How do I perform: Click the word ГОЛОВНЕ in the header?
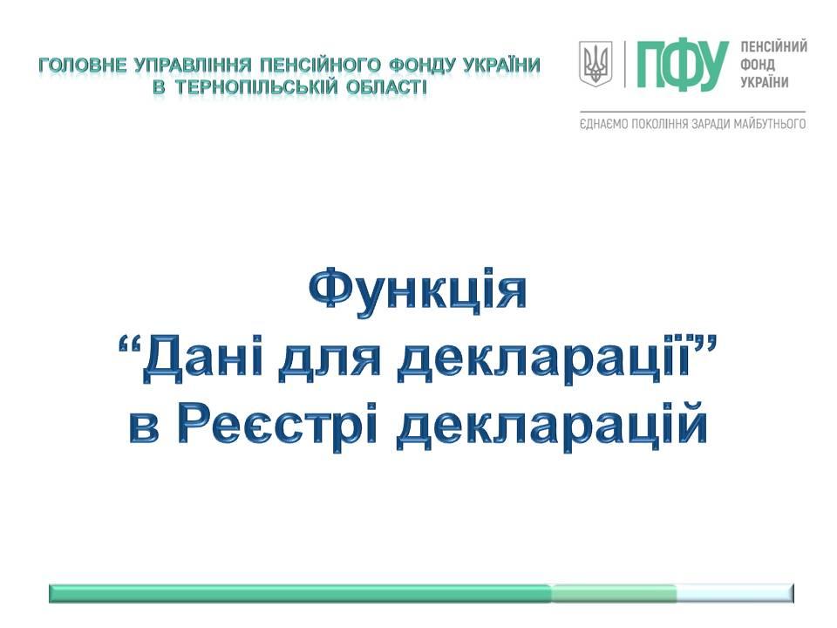84,65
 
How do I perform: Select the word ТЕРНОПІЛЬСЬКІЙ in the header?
256,86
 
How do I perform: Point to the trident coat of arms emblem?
595,64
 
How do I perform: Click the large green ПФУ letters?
682,65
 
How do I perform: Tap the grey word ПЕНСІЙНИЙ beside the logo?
773,47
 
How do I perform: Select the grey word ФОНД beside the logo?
758,65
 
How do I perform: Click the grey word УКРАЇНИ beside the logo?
765,82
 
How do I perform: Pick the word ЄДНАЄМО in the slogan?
603,125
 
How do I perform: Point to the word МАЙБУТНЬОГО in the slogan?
769,125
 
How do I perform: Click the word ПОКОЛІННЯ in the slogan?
661,125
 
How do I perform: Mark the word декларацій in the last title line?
553,426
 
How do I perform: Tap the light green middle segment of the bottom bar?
614,593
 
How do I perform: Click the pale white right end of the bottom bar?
735,593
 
